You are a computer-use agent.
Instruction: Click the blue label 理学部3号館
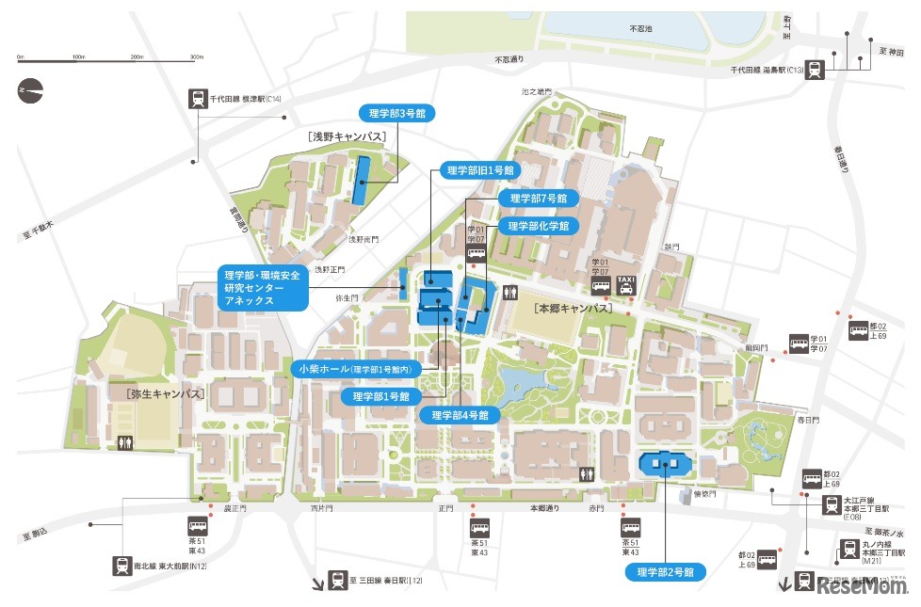coord(397,113)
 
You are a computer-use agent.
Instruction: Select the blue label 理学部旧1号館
coord(480,170)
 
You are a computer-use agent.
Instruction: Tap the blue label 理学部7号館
coord(539,199)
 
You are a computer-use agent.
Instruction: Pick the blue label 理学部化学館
coord(539,226)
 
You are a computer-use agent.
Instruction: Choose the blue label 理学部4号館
coord(460,415)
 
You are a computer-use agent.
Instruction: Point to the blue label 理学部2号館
coord(666,571)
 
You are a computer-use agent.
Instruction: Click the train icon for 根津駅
coord(198,99)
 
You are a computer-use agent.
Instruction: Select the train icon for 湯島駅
coord(813,69)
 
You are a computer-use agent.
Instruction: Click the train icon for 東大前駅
coord(122,565)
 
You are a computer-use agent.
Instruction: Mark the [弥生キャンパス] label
coord(164,393)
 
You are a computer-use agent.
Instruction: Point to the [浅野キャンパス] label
coord(347,137)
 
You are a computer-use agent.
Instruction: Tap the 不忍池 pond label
coord(640,29)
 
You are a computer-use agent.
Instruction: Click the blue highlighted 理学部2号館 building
coord(666,464)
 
